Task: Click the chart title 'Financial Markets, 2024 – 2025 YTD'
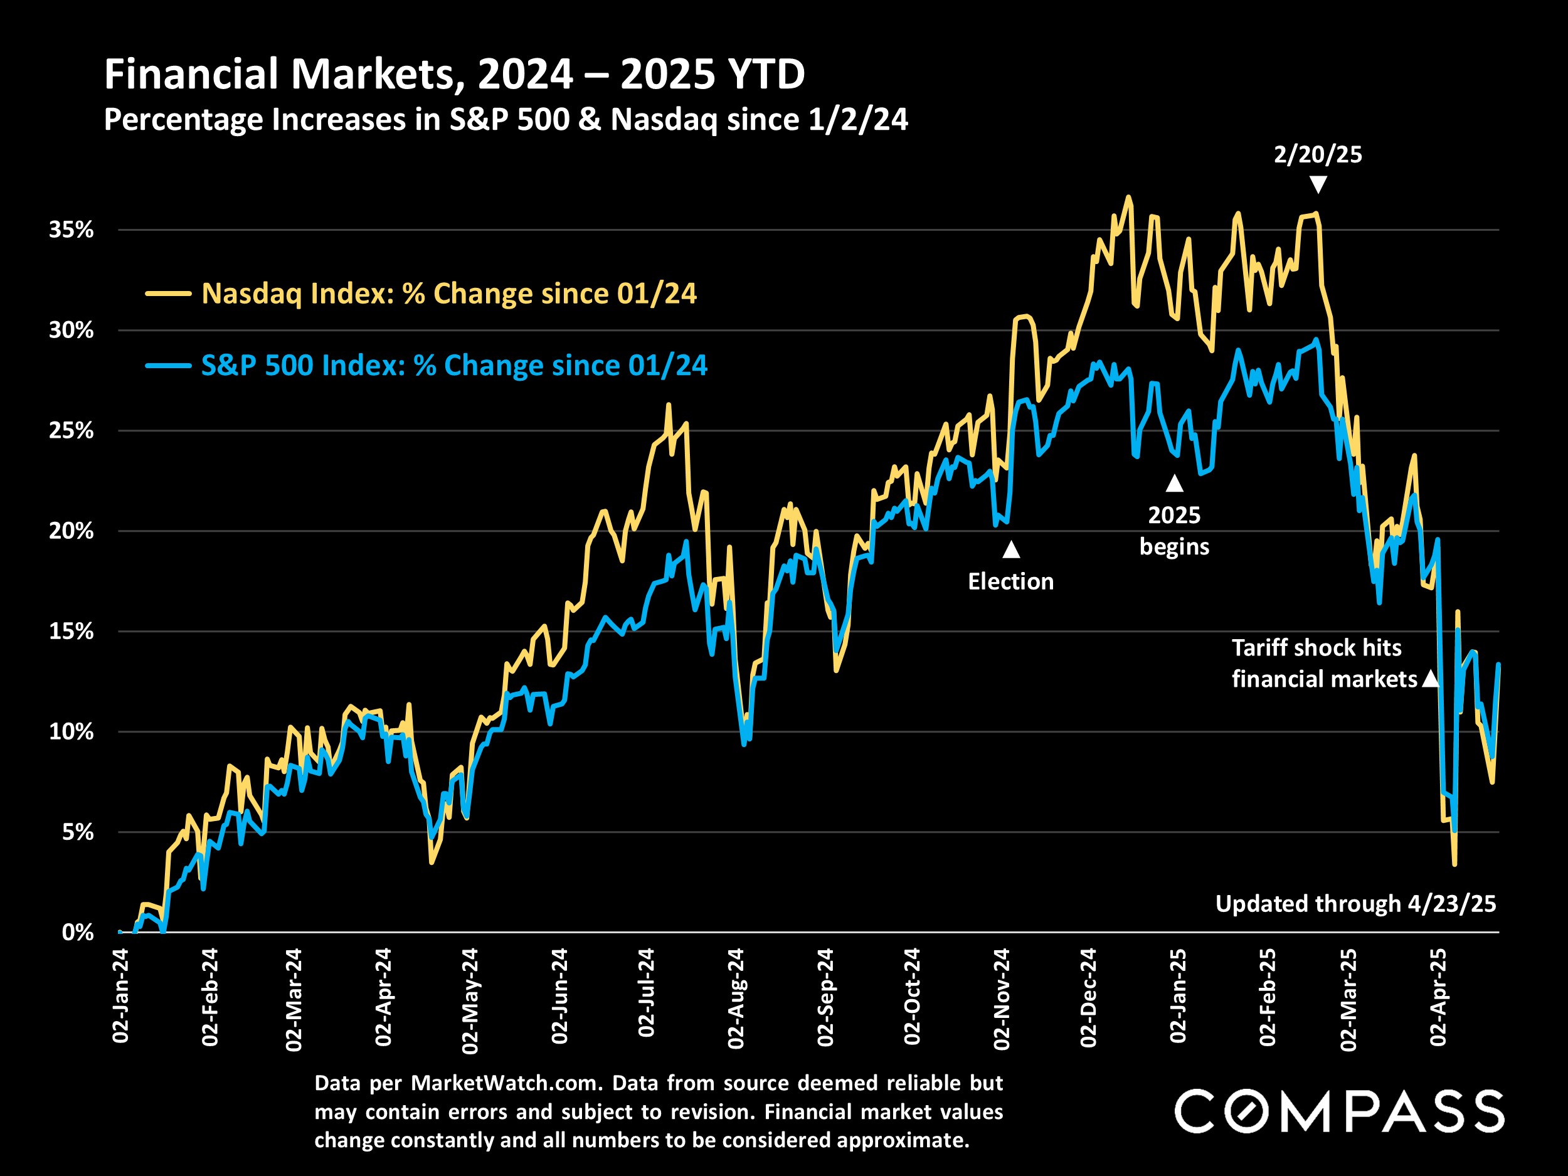tap(454, 74)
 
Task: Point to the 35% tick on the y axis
tap(71, 230)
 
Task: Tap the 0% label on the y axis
tap(77, 932)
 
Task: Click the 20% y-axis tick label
tap(71, 531)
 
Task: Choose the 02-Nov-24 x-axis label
tap(1002, 998)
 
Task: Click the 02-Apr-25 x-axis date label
tap(1438, 997)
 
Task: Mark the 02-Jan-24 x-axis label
tap(120, 995)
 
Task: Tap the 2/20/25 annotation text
tap(1318, 154)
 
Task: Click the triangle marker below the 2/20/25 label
tap(1318, 185)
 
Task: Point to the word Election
tap(1011, 582)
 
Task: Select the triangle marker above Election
tap(1011, 549)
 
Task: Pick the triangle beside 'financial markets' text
tap(1431, 679)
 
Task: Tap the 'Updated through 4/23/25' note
tap(1355, 904)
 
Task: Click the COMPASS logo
tap(1338, 1111)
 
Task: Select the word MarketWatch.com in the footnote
tap(507, 1083)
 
